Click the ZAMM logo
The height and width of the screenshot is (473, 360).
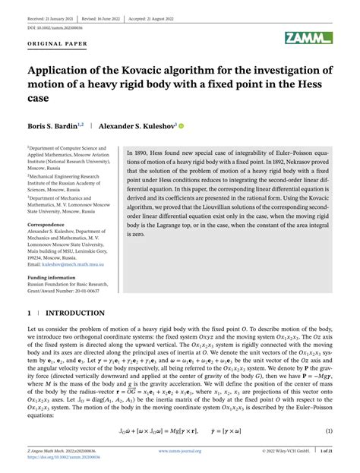pyautogui.click(x=309, y=38)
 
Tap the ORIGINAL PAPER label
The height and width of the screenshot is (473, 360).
pyautogui.click(x=57, y=43)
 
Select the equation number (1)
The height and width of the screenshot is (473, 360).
pyautogui.click(x=330, y=431)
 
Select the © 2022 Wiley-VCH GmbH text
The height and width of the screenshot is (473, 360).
pyautogui.click(x=281, y=451)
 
